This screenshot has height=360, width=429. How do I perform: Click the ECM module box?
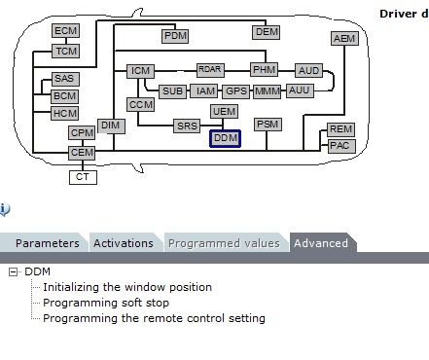[66, 31]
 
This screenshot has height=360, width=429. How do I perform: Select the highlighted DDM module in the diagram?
[225, 138]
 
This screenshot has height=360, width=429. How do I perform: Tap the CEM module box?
[82, 153]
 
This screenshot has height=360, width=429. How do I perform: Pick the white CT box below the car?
[83, 177]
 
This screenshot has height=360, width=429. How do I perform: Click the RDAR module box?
[210, 70]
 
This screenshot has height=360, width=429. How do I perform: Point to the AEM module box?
[344, 38]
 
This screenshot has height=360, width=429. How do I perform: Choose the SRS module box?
[187, 126]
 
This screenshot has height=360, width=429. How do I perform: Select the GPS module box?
[236, 91]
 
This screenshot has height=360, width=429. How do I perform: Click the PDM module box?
[175, 36]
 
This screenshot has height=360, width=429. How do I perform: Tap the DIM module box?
[111, 126]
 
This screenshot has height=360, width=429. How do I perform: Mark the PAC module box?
[341, 146]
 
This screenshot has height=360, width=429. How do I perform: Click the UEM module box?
[224, 111]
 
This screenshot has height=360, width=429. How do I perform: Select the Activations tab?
[124, 243]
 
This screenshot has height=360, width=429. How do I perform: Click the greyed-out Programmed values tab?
[224, 243]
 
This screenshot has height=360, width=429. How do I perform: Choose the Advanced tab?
[321, 243]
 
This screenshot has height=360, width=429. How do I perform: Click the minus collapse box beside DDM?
[13, 271]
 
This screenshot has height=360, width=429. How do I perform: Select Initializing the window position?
[127, 287]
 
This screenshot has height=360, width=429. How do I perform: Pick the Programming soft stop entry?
[106, 303]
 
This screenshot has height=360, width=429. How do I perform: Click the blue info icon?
[5, 209]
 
